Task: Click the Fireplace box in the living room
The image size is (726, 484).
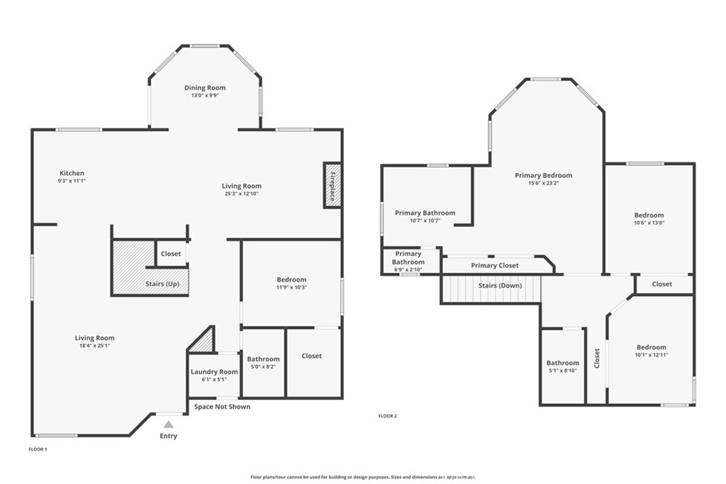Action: [x=333, y=185]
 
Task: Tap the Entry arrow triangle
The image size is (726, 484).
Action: [x=169, y=424]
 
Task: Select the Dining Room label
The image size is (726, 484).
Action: [x=205, y=87]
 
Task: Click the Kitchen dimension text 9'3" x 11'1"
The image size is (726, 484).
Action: [x=72, y=181]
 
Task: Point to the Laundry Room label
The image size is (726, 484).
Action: [x=214, y=371]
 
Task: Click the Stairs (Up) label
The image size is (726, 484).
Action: [x=162, y=283]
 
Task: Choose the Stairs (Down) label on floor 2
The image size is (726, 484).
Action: [x=500, y=286]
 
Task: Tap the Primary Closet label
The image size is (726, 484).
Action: [x=494, y=265]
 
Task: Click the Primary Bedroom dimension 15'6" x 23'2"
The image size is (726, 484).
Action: [x=544, y=183]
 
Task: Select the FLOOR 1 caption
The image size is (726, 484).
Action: [x=38, y=449]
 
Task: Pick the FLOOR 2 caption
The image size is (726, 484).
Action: [x=388, y=416]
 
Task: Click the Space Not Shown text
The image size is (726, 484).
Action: [x=222, y=407]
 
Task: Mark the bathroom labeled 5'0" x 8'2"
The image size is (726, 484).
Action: [x=263, y=362]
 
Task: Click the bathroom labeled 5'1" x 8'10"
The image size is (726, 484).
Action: [x=562, y=366]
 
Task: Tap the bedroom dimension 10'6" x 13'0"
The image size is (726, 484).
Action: [x=649, y=223]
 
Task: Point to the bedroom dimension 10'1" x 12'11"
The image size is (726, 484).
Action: [x=652, y=355]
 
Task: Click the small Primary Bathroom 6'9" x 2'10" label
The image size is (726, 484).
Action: [x=408, y=261]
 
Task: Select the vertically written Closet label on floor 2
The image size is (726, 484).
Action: [x=597, y=358]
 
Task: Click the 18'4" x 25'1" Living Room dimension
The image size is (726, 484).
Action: [x=94, y=346]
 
